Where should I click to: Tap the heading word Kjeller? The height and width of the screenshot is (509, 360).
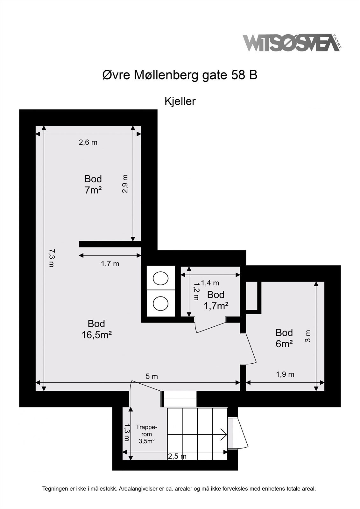tap(180, 101)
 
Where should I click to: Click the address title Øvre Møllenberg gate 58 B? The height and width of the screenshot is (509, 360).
tap(180, 75)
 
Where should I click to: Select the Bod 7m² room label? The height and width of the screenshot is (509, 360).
tap(93, 185)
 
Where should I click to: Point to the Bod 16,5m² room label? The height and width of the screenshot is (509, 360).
tap(96, 329)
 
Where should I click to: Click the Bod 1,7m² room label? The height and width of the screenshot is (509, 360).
tap(216, 300)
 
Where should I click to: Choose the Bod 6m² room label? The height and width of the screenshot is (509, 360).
tap(284, 338)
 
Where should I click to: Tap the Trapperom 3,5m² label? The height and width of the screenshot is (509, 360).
tap(147, 434)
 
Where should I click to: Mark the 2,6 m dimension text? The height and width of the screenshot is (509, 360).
tap(88, 143)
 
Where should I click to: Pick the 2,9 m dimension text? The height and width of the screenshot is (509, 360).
tap(125, 184)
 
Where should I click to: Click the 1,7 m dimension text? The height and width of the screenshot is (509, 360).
tap(110, 264)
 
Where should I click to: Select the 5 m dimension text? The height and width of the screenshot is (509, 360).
tap(152, 377)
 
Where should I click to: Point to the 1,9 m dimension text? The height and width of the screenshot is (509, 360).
tap(285, 374)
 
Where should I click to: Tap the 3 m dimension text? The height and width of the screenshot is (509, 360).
tap(308, 336)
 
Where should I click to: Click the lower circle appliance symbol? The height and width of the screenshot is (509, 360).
tap(160, 303)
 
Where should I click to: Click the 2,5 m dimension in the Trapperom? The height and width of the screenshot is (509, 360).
tap(177, 457)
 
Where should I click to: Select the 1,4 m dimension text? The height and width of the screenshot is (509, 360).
tap(210, 283)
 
